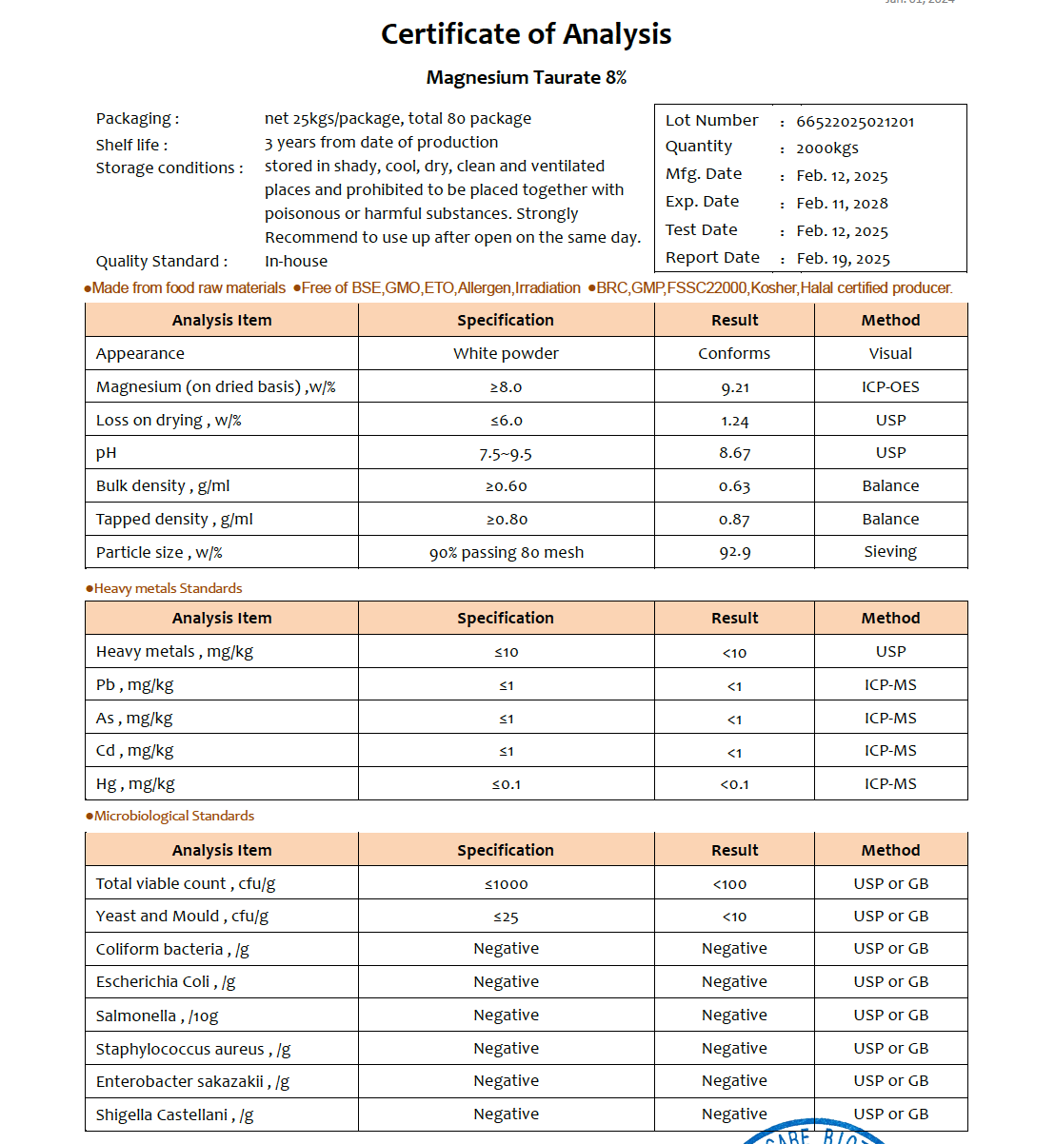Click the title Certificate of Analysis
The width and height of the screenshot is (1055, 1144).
527,34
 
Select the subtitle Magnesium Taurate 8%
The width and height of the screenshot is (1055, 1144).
527,78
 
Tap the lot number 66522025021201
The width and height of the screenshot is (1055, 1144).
855,122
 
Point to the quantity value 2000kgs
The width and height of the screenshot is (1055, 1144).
827,148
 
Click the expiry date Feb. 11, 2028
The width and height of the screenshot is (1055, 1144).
842,203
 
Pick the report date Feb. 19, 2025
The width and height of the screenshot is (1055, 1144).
843,259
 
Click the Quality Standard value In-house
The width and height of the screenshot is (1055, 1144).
296,261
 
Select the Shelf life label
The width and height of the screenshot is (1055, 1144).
131,145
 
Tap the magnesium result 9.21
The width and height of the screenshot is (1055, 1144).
735,387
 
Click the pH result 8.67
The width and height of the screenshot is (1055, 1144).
735,453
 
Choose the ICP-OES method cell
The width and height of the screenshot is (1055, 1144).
890,386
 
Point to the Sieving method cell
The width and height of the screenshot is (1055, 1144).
890,552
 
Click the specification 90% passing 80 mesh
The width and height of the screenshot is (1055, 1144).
506,553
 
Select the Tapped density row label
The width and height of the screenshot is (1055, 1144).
174,520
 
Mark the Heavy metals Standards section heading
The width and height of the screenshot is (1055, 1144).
168,588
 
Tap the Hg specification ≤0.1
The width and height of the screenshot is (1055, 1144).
506,784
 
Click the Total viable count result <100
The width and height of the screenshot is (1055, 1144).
730,884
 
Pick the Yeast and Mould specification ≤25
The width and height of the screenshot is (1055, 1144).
506,917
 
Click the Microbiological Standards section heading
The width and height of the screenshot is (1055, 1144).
173,816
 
